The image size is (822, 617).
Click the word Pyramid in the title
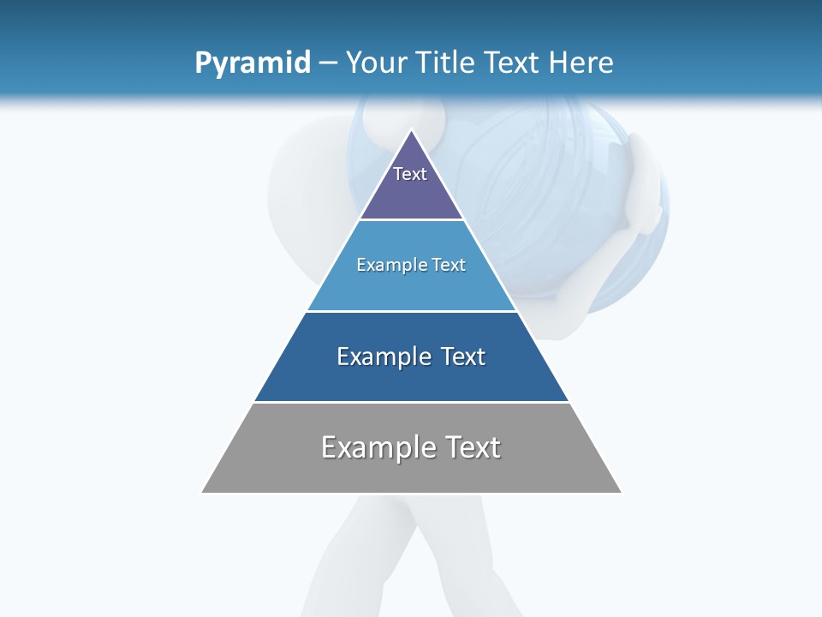click(x=252, y=63)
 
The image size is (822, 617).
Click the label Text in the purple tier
click(x=410, y=174)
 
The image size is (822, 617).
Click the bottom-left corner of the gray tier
click(x=203, y=492)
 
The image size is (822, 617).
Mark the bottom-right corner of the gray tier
click(x=621, y=492)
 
